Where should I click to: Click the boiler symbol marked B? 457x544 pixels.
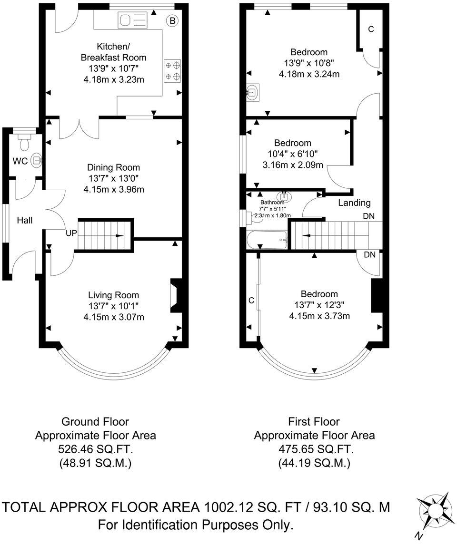[172, 20]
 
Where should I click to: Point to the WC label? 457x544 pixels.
[20, 161]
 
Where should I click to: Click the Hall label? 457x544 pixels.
[25, 220]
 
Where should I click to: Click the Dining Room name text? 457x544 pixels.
[113, 167]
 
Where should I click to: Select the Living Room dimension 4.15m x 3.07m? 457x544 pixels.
[113, 317]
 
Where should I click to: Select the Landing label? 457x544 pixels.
[354, 203]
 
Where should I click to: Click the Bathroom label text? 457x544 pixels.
[272, 202]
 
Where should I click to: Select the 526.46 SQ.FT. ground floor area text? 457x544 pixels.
[95, 449]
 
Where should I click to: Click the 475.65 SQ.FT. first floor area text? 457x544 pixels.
[314, 449]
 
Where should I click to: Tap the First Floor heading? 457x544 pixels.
[314, 421]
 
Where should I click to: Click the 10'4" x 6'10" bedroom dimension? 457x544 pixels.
[292, 154]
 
